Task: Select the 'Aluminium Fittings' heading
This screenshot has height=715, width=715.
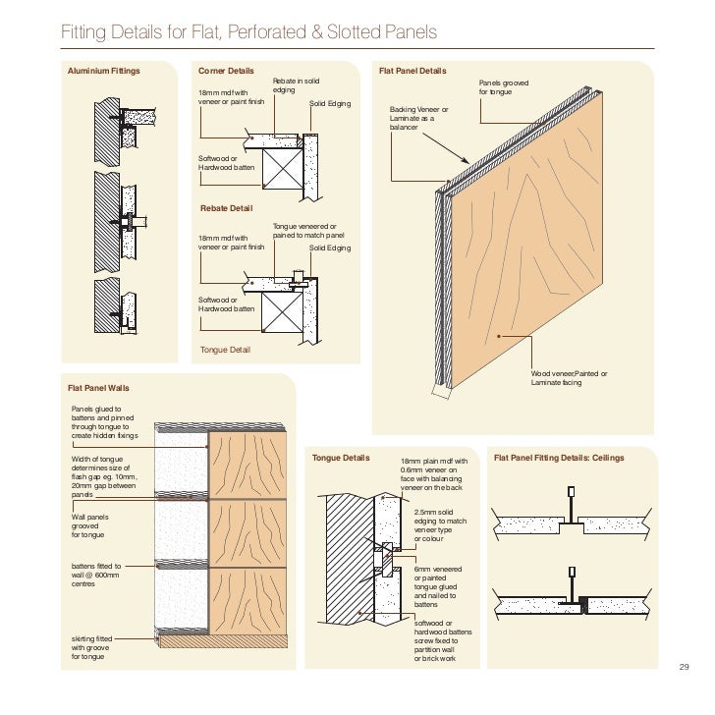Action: coord(103,72)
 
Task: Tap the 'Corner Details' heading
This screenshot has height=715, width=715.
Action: coord(226,72)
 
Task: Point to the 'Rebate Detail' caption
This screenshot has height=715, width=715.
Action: coord(226,208)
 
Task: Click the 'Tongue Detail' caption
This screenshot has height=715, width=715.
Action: coord(225,350)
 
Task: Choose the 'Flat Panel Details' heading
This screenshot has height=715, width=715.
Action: coord(412,72)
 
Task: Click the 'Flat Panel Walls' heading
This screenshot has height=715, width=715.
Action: coord(99,388)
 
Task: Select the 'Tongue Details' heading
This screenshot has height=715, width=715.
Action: coord(341,459)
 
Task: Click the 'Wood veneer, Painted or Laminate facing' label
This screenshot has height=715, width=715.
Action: coord(570,378)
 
